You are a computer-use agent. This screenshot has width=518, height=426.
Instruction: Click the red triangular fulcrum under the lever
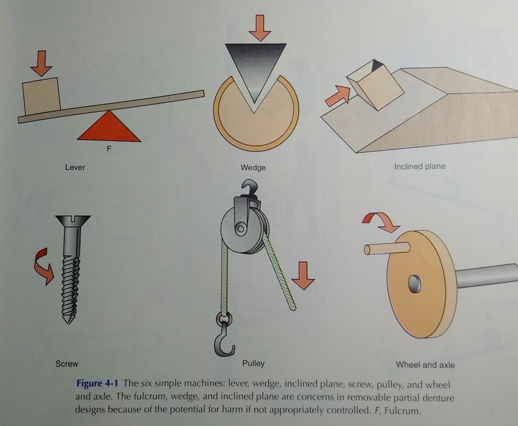pyautogui.click(x=108, y=128)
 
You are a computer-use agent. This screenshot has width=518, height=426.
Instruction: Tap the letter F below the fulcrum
pyautogui.click(x=109, y=149)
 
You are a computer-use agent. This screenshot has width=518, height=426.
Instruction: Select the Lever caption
pyautogui.click(x=75, y=167)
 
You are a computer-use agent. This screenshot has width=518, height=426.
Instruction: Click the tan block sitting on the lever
pyautogui.click(x=42, y=97)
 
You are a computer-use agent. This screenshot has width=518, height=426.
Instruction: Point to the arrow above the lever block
pyautogui.click(x=42, y=64)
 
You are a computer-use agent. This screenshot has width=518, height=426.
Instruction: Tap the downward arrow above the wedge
pyautogui.click(x=260, y=28)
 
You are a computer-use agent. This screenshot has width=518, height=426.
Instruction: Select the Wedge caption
pyautogui.click(x=253, y=167)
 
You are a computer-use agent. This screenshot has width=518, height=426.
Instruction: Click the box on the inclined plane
pyautogui.click(x=376, y=85)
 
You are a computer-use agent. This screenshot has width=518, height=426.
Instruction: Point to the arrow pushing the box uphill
pyautogui.click(x=338, y=96)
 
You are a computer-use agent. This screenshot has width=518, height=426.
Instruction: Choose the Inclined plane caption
pyautogui.click(x=419, y=166)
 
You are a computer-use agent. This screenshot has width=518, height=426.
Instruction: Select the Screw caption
pyautogui.click(x=67, y=363)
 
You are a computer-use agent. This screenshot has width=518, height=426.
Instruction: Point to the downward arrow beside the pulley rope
pyautogui.click(x=303, y=275)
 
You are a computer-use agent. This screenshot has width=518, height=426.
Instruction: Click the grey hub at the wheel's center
pyautogui.click(x=415, y=284)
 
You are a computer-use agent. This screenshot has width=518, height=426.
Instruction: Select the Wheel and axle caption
pyautogui.click(x=425, y=364)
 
